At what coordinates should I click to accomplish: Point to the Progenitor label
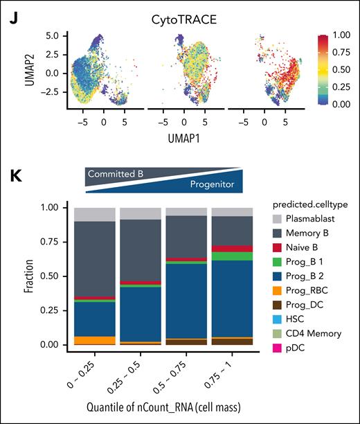click(x=214, y=186)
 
